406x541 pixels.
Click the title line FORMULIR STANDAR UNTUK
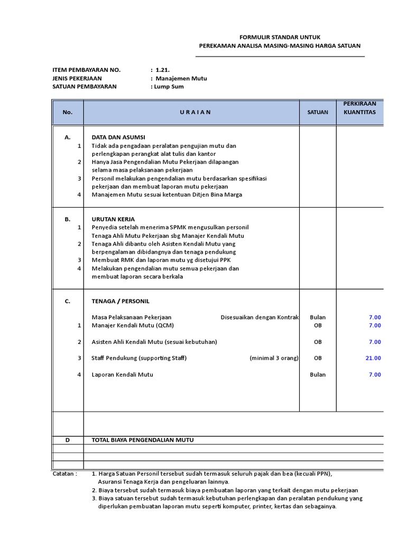[279, 37]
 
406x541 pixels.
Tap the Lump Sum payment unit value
[169, 87]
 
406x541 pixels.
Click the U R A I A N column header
[191, 112]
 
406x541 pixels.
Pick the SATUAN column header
[318, 112]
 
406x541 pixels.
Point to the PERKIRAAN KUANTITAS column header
[359, 108]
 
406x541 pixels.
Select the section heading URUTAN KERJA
[113, 219]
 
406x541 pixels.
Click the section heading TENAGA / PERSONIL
[121, 301]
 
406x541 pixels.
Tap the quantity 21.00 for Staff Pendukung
[373, 358]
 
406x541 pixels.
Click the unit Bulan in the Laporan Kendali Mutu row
[318, 375]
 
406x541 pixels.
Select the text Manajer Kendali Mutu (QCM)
[133, 325]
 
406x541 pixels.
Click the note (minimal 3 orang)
[274, 358]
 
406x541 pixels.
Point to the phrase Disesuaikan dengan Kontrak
[259, 318]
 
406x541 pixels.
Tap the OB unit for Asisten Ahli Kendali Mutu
[318, 342]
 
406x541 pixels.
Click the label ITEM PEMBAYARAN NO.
[87, 70]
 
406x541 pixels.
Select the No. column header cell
[68, 112]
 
